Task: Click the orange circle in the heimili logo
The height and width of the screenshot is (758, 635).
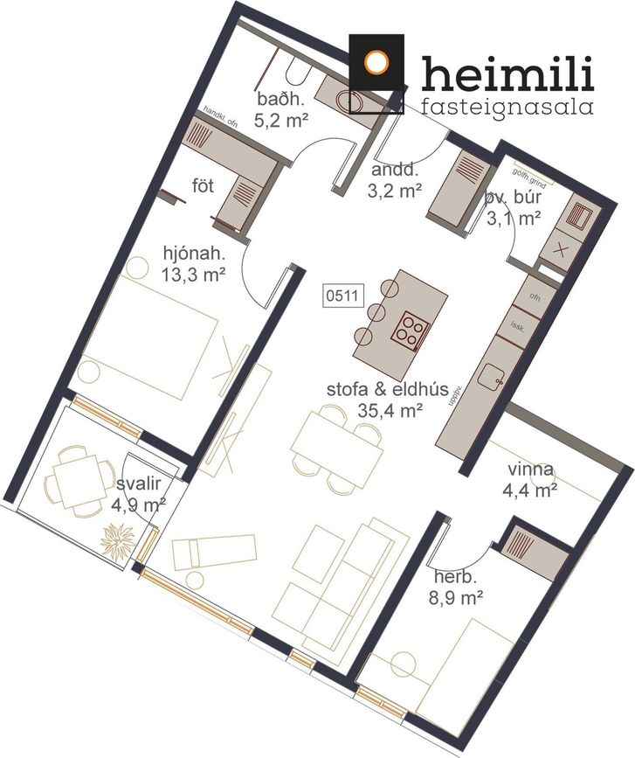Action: (x=376, y=62)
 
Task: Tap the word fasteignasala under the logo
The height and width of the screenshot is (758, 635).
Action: (x=507, y=107)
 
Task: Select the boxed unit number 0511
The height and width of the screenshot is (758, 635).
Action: (x=342, y=296)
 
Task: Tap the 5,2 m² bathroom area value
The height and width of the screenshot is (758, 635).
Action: (x=281, y=120)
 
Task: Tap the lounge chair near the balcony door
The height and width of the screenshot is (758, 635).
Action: (x=214, y=551)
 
